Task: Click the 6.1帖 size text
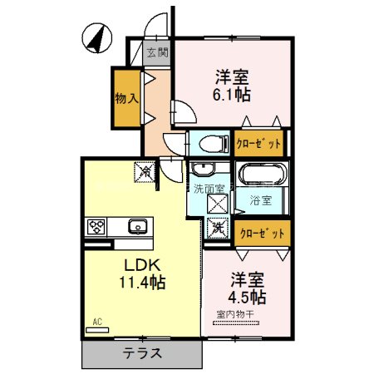234,95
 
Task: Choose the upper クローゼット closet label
258,143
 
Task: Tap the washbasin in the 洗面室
200,170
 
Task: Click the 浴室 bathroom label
262,200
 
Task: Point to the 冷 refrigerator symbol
145,172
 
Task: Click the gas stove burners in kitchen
96,226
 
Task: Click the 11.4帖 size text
143,283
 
